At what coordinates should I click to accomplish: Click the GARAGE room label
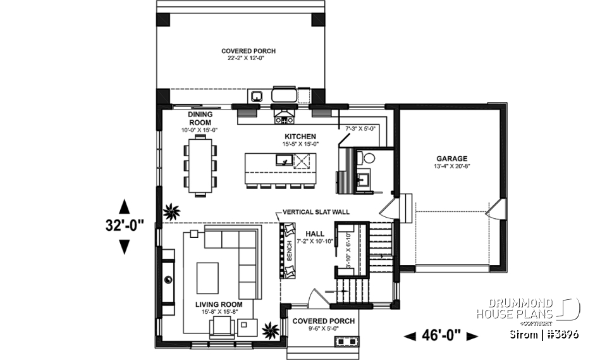[x=451, y=159]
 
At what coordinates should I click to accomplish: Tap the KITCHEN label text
[x=300, y=137]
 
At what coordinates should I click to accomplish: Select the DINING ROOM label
[x=199, y=118]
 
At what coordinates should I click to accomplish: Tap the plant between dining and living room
[x=171, y=212]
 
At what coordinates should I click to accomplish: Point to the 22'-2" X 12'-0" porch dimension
[x=248, y=58]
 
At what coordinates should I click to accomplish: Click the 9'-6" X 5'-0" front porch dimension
[x=324, y=328]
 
